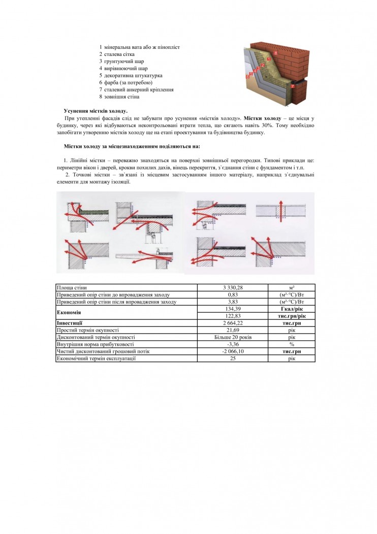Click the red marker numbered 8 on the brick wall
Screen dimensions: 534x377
click(x=275, y=52)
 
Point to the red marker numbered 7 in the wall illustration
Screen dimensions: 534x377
click(x=292, y=87)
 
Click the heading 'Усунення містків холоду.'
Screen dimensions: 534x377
click(x=96, y=111)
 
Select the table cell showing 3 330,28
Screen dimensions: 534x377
click(x=233, y=288)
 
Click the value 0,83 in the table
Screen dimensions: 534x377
click(x=233, y=295)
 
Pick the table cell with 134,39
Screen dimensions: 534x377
click(x=233, y=309)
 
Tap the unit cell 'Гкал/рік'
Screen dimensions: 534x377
click(x=292, y=309)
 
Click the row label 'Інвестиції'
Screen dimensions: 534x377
click(x=70, y=323)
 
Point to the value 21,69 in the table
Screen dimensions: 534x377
click(x=233, y=330)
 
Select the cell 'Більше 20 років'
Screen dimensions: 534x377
click(x=233, y=337)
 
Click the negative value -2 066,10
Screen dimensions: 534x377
click(x=233, y=351)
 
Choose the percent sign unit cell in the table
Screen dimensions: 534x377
click(x=292, y=344)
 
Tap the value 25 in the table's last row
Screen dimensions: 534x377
click(x=233, y=359)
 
